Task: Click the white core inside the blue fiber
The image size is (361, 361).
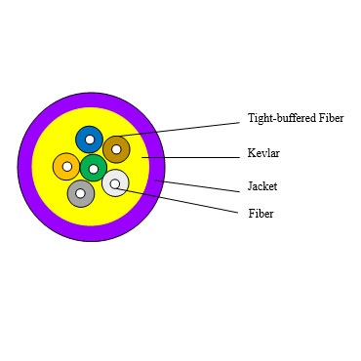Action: [x=89, y=140]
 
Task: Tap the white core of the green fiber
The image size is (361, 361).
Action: [x=94, y=169]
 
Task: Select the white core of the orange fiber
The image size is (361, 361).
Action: [x=66, y=167]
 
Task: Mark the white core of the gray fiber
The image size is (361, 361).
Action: [x=81, y=193]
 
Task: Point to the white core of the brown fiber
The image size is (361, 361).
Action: [x=116, y=149]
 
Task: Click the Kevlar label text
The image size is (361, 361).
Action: [x=263, y=154]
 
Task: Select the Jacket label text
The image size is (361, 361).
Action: [x=262, y=185]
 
